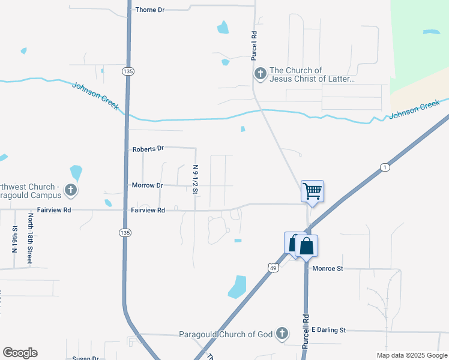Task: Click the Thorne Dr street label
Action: click(149, 10)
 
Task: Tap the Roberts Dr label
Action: click(148, 148)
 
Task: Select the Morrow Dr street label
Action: click(147, 185)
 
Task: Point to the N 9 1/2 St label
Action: click(196, 179)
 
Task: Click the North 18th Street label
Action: click(29, 238)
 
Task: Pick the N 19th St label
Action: click(14, 238)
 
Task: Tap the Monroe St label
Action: click(327, 269)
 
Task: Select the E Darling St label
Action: click(329, 330)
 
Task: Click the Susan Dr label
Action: click(85, 358)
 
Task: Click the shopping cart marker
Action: click(312, 191)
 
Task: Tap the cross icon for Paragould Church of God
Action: click(282, 334)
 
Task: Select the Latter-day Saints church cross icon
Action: click(260, 74)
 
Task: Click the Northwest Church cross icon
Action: click(71, 191)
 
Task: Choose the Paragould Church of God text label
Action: click(226, 334)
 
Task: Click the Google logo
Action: click(20, 353)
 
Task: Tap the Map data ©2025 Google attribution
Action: click(411, 355)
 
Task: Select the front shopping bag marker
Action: click(306, 245)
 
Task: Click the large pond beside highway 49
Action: click(238, 286)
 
